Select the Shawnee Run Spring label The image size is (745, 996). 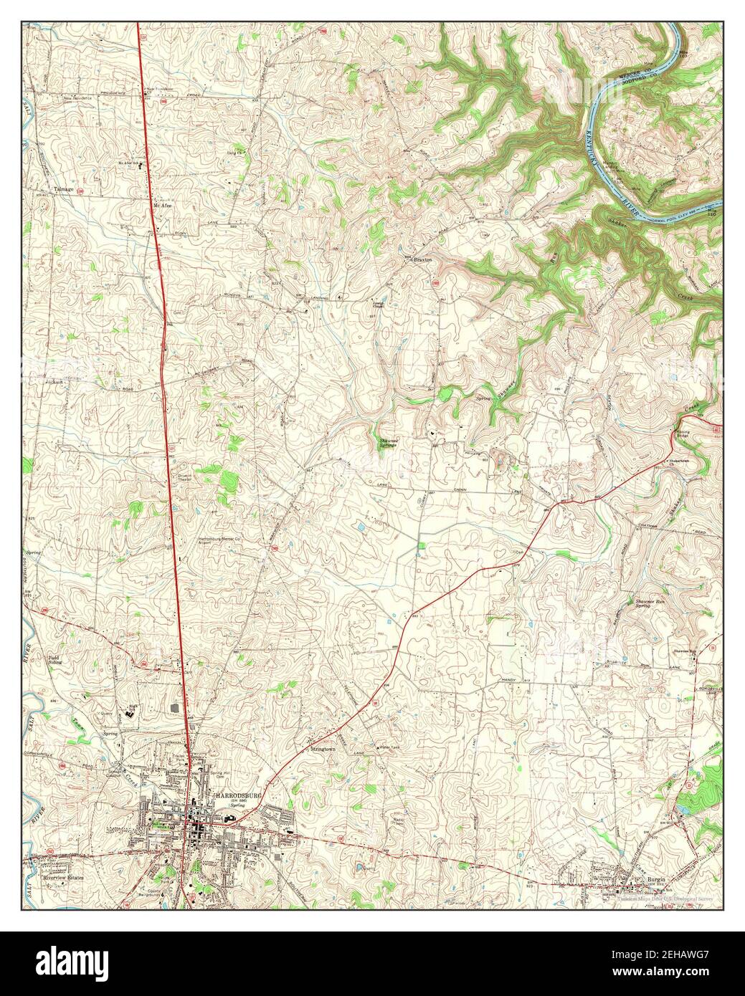tap(643, 603)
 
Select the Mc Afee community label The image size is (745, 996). tap(162, 205)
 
